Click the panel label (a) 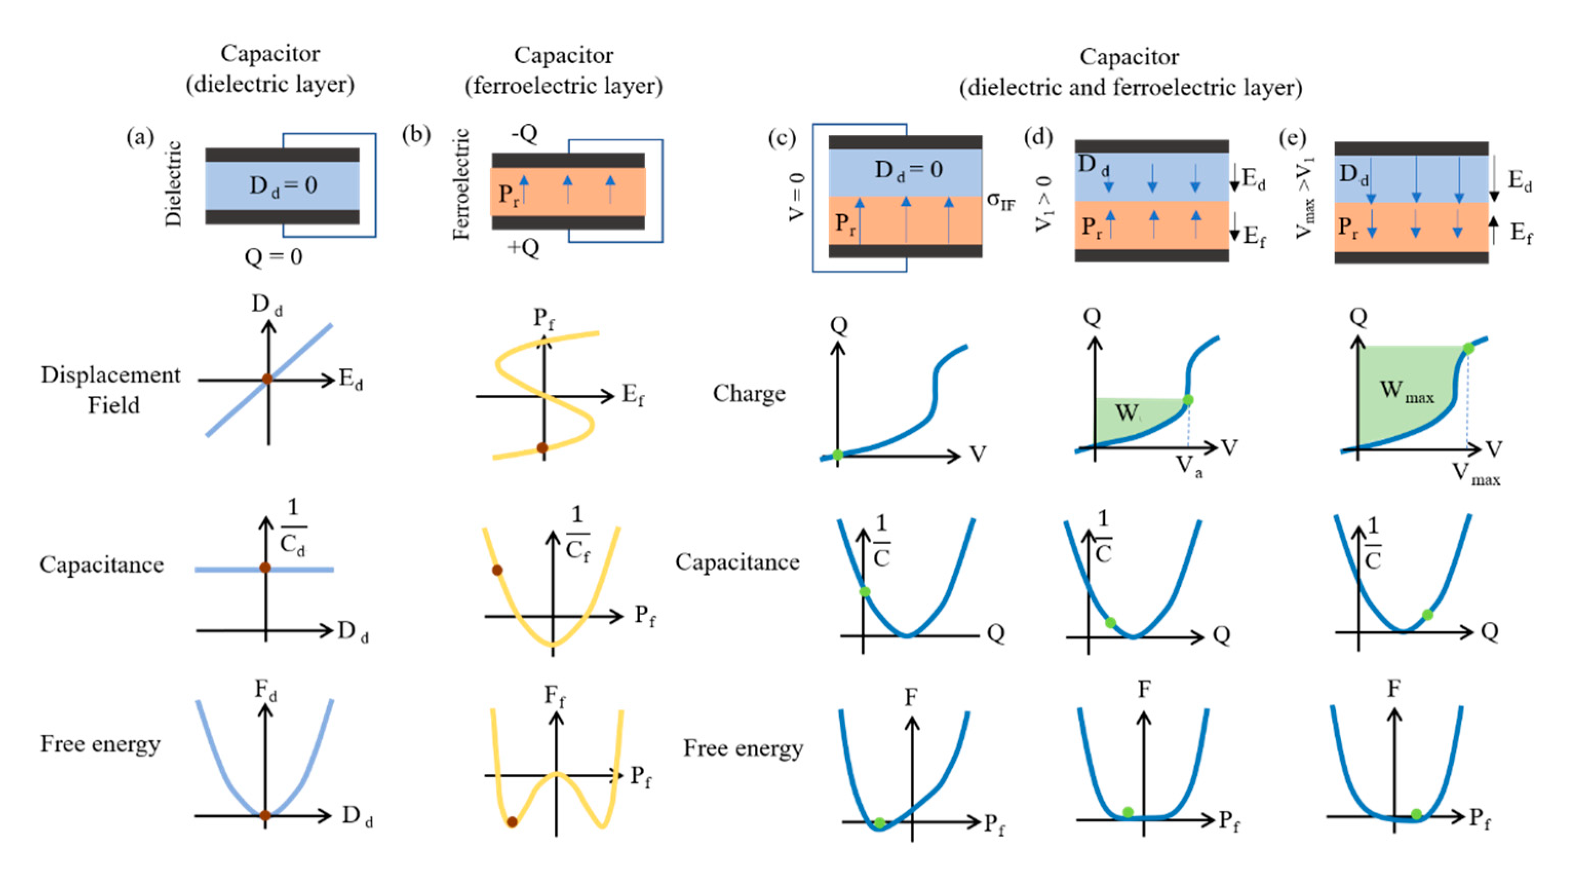[140, 137]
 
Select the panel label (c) [782, 138]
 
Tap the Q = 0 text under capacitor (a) [273, 257]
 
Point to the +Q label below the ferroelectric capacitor [523, 247]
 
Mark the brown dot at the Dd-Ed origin [267, 379]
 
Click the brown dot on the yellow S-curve [542, 448]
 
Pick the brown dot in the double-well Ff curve [512, 822]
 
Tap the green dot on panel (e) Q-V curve [1468, 348]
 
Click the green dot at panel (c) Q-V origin [838, 454]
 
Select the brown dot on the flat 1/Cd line [265, 568]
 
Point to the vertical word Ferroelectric [461, 184]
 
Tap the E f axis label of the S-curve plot [633, 395]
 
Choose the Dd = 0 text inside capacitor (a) [283, 185]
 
